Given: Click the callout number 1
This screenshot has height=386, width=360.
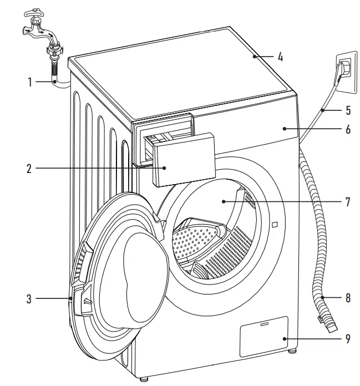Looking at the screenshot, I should point(30,83).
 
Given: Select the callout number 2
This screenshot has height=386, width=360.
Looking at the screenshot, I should point(30,167).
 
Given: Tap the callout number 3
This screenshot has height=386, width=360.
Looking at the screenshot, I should point(29,299).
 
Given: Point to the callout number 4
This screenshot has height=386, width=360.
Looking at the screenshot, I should point(280,57).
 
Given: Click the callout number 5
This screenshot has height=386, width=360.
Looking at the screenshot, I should point(348,110).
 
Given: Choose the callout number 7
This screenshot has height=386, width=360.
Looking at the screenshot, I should point(348,202).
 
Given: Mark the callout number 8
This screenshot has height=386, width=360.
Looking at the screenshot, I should point(348,298).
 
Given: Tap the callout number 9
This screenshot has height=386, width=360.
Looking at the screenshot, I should point(348,338).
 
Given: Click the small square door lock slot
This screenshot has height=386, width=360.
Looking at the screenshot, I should point(274,225).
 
